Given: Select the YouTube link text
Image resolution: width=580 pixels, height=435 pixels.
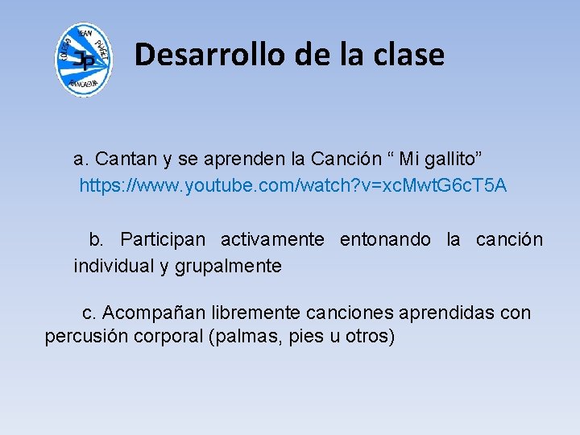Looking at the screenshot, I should pyautogui.click(x=292, y=186).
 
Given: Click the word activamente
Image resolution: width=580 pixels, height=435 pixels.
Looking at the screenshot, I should pyautogui.click(x=272, y=239).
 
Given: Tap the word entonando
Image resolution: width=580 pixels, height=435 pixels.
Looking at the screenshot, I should pyautogui.click(x=385, y=239).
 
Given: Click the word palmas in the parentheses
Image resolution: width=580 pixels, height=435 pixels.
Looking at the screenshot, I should pyautogui.click(x=240, y=337).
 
